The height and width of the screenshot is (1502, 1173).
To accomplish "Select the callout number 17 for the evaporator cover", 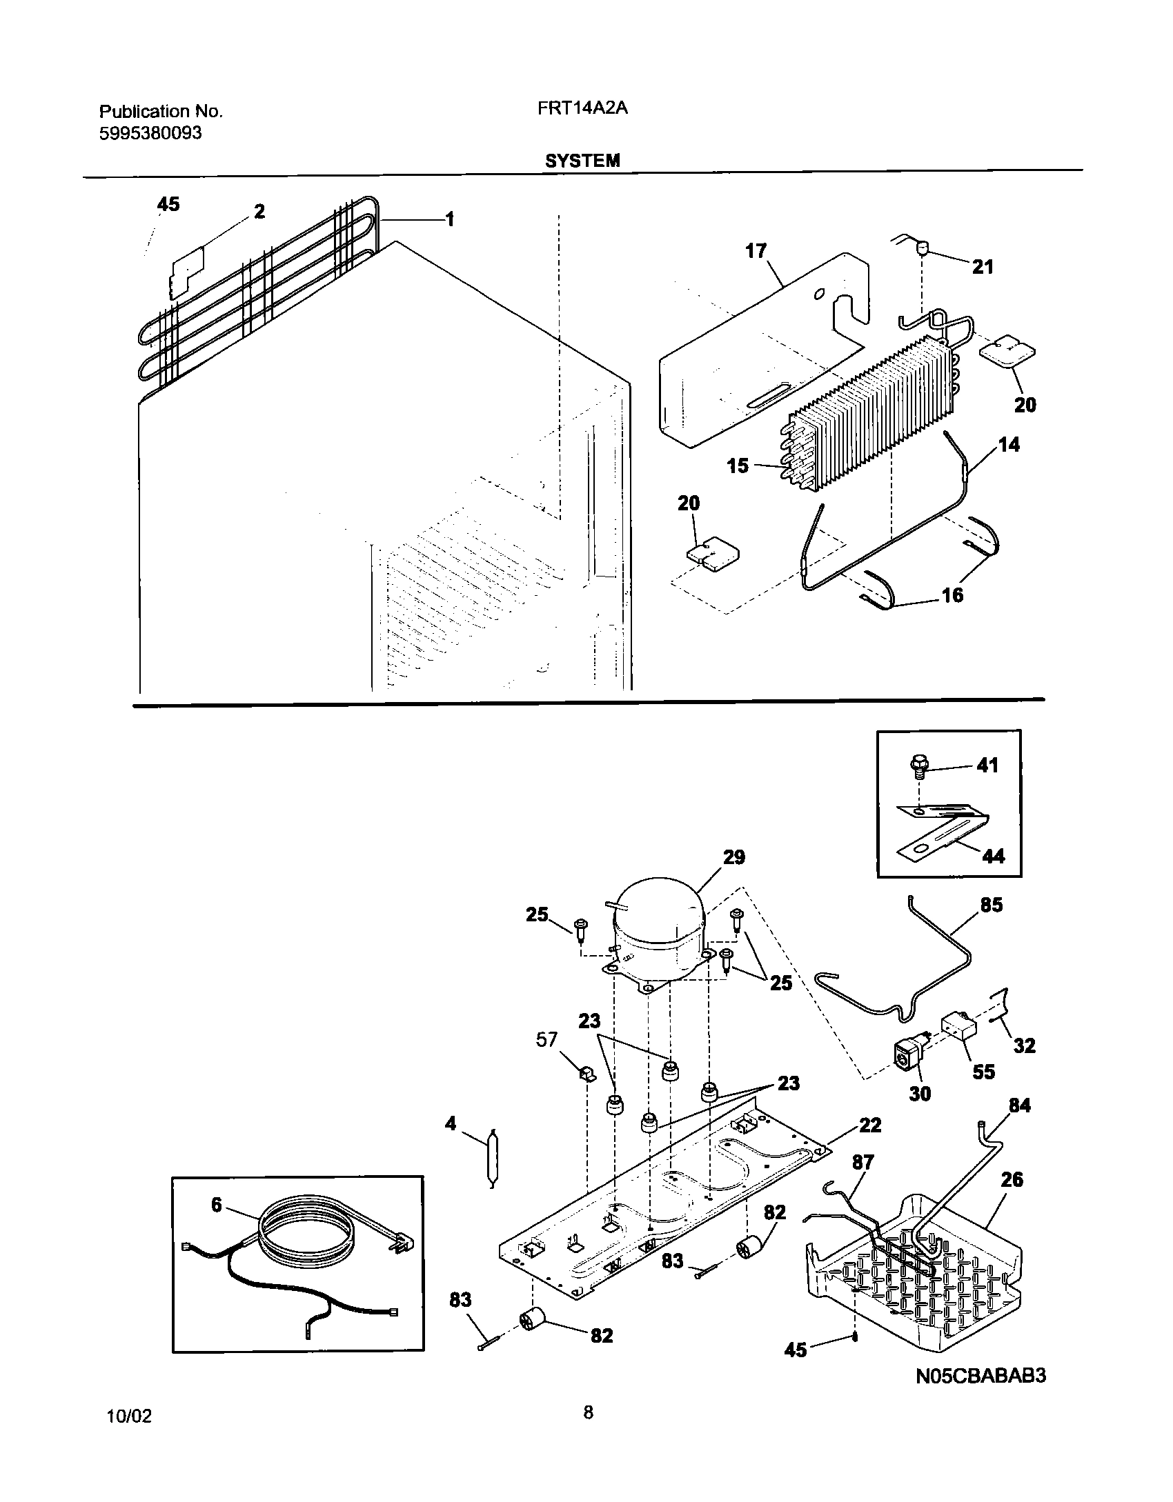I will coord(756,251).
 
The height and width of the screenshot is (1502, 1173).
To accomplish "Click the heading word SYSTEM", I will coord(582,161).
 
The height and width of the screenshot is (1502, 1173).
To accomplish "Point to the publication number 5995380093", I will coord(151,133).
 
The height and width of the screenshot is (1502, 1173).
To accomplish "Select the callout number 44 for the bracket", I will coord(993,856).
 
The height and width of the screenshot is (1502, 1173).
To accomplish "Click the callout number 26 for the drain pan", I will coord(1012,1179).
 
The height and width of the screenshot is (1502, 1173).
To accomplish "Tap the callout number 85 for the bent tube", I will coord(991,904).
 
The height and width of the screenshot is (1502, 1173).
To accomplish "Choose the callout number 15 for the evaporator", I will coord(738,466).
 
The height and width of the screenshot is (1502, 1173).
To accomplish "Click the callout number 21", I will coord(983,267).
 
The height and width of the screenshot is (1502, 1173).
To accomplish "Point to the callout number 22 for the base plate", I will coord(870,1125).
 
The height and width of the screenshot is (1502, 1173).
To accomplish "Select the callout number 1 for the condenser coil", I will coord(449,219).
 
